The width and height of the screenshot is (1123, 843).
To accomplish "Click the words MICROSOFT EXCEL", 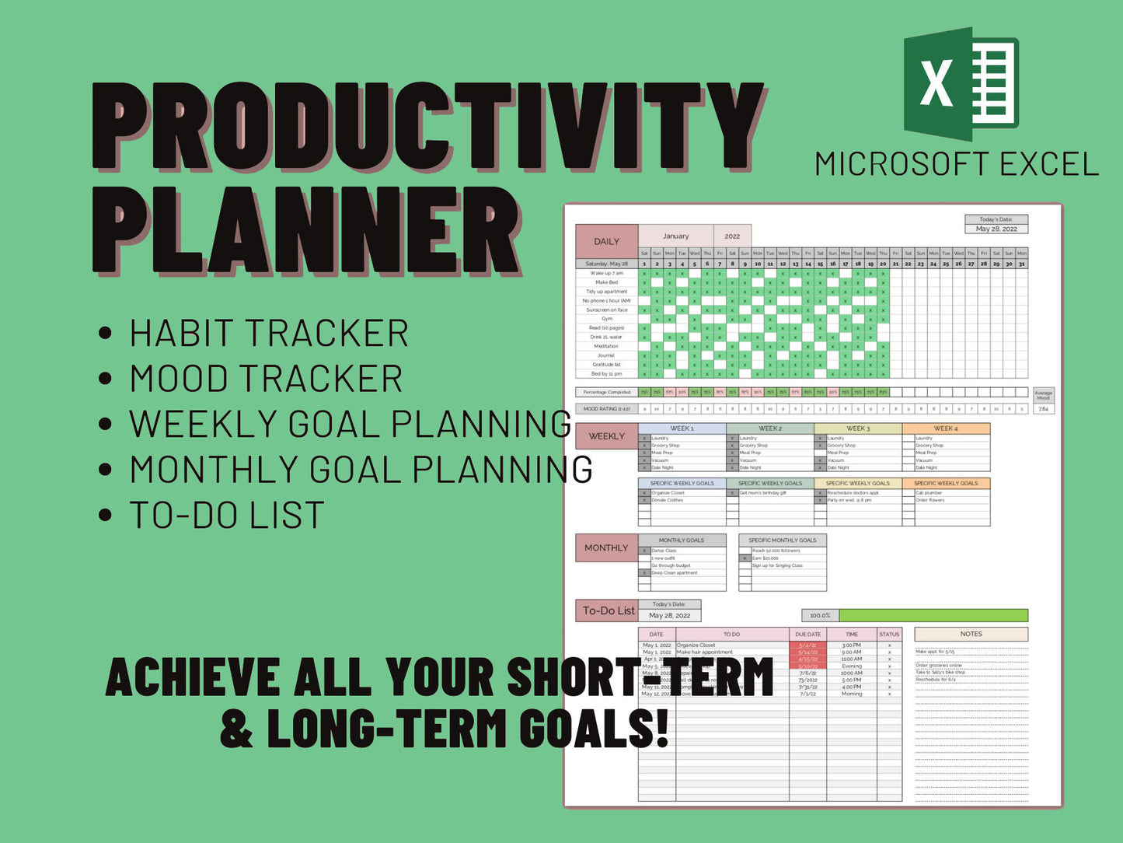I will click(957, 165).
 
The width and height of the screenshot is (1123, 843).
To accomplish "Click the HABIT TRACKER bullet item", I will click(268, 334).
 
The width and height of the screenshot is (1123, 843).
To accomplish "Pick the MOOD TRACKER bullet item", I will click(266, 379).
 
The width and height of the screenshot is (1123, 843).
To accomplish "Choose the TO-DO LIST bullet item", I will click(226, 516).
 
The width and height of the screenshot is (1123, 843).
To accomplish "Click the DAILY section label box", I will click(606, 241).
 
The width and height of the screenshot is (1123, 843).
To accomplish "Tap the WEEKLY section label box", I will click(606, 436).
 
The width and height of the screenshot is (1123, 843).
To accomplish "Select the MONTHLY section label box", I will click(606, 547).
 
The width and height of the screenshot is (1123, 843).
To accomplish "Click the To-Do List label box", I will click(609, 610).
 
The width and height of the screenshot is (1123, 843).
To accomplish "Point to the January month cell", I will click(675, 236).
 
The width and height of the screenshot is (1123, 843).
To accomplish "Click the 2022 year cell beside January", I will click(732, 236).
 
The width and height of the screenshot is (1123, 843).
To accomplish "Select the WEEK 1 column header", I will click(682, 428).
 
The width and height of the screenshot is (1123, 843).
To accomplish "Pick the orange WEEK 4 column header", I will click(945, 428).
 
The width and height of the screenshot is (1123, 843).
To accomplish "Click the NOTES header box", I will click(971, 634).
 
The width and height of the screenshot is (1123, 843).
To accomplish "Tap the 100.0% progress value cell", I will click(820, 615).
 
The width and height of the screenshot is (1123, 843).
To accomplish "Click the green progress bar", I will click(933, 615).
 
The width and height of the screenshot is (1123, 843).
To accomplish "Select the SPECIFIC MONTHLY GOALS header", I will click(782, 540).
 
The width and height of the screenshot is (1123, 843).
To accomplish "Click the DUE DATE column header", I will click(807, 634).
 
